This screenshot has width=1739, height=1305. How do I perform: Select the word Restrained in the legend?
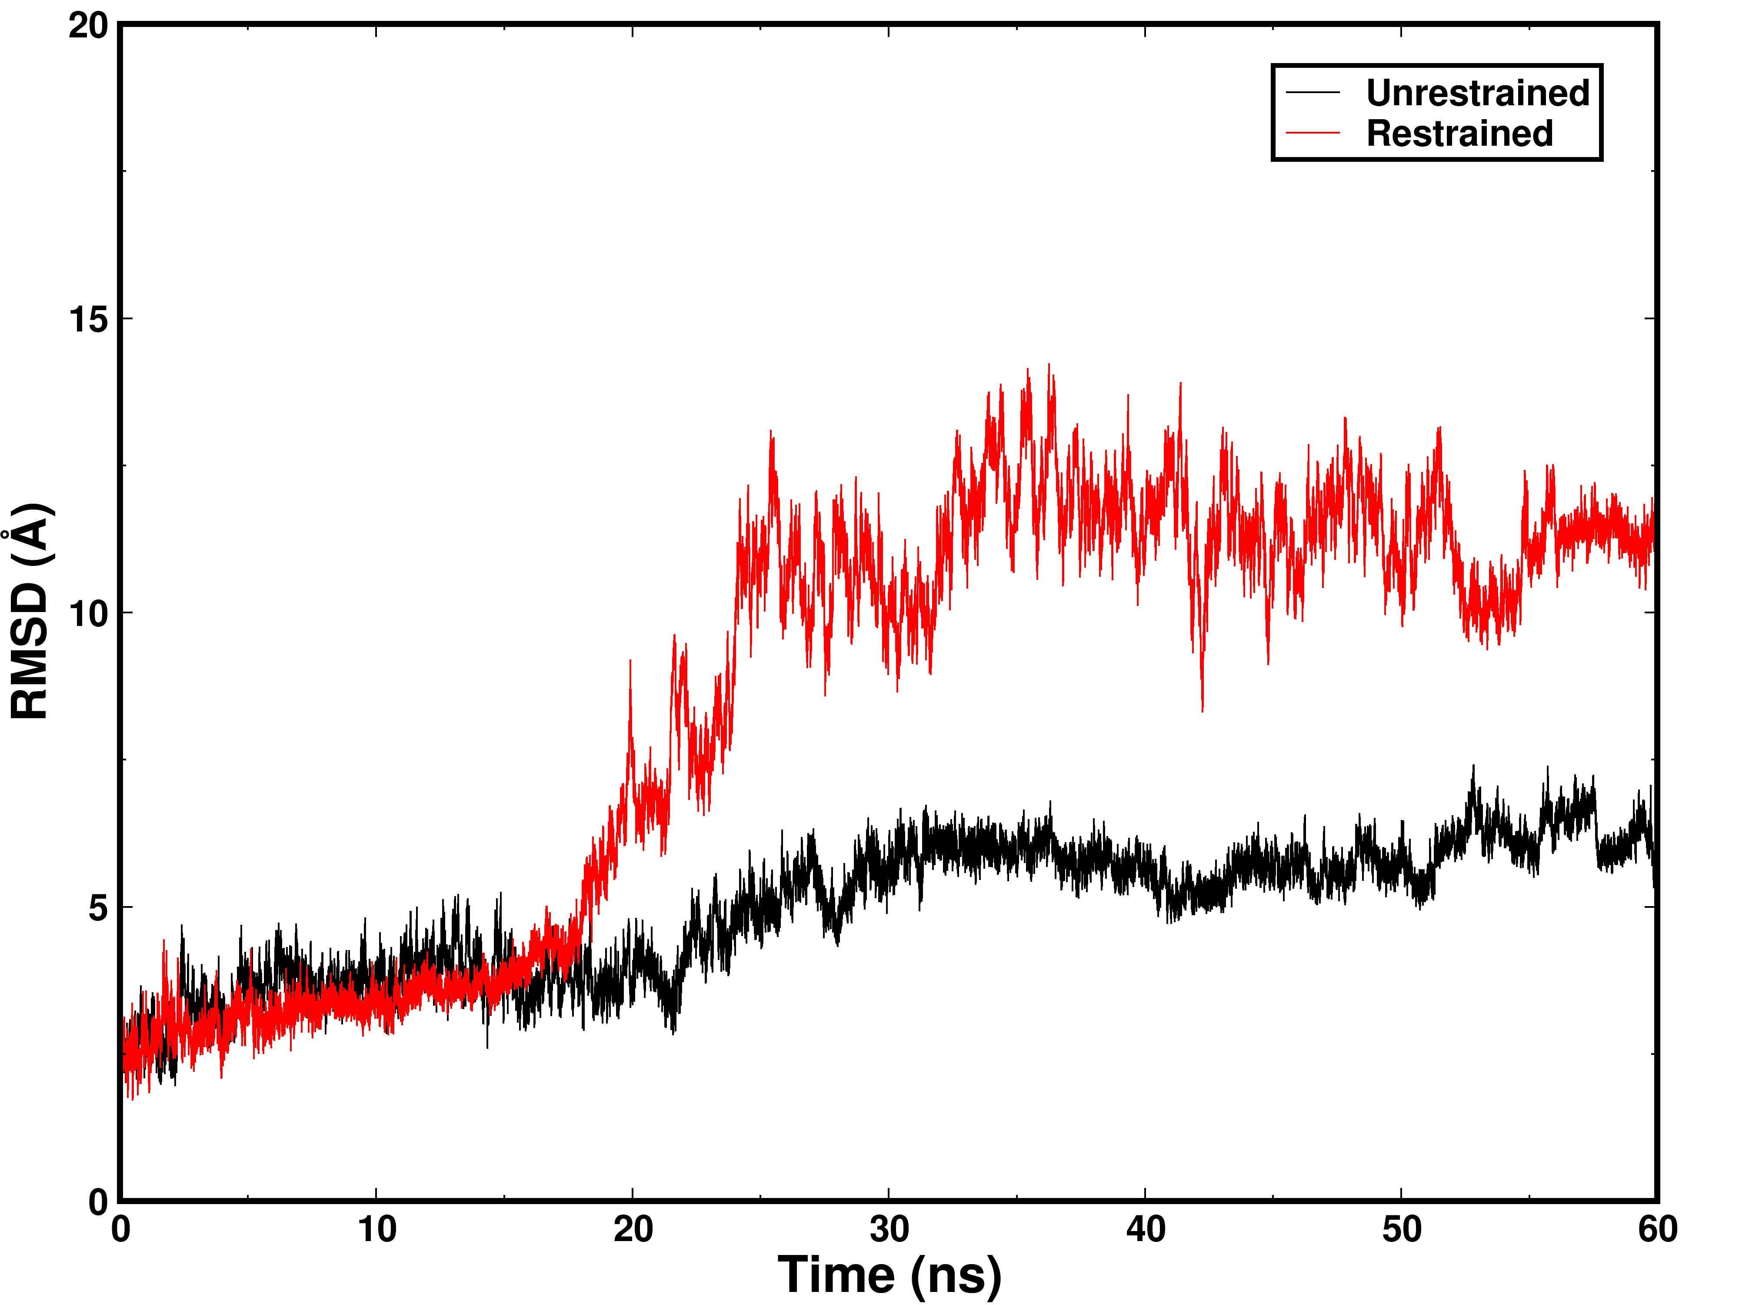[x=1459, y=133]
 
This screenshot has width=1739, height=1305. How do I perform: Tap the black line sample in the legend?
[x=1313, y=93]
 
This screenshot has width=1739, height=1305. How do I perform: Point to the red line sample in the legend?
[x=1313, y=133]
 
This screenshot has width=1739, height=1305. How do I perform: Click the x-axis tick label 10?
[x=376, y=1229]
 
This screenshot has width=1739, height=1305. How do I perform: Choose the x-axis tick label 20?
[x=633, y=1229]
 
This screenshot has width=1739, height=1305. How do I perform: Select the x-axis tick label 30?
[x=889, y=1229]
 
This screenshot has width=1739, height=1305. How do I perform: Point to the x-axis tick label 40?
[x=1146, y=1229]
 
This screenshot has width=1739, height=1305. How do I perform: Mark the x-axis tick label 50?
[x=1402, y=1229]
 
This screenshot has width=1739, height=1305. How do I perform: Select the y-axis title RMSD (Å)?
[x=31, y=611]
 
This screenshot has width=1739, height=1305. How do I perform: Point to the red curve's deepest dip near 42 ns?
[x=1202, y=709]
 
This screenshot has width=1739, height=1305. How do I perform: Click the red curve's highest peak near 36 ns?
[x=1049, y=366]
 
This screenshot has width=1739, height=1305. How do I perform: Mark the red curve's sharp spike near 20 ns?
[x=630, y=663]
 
